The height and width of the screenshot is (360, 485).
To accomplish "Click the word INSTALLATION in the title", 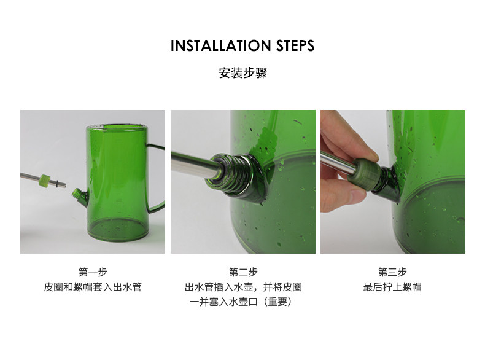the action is pos(221,45).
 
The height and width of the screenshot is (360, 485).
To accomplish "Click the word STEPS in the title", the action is pos(295,45).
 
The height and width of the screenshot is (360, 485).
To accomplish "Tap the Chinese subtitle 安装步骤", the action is pos(243,73).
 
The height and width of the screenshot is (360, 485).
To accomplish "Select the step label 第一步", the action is pos(93,272).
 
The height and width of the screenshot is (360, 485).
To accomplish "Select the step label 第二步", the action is pos(243,272).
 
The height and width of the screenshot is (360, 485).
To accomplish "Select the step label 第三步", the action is pos(392,272).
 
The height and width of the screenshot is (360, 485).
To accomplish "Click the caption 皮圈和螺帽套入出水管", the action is pos(93,287).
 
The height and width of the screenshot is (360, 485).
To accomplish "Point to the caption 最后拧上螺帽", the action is pos(392,287).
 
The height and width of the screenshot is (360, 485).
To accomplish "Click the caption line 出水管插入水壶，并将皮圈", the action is pos(243,287).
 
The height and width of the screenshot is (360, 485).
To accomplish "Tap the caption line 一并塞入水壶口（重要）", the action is pos(241,302).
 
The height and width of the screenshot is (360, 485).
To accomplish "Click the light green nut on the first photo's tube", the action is pos(44,180).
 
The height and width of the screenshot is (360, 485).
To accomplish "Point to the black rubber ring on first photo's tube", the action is pos(56,182).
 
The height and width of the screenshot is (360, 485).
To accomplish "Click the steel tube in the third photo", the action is pos(338,163).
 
